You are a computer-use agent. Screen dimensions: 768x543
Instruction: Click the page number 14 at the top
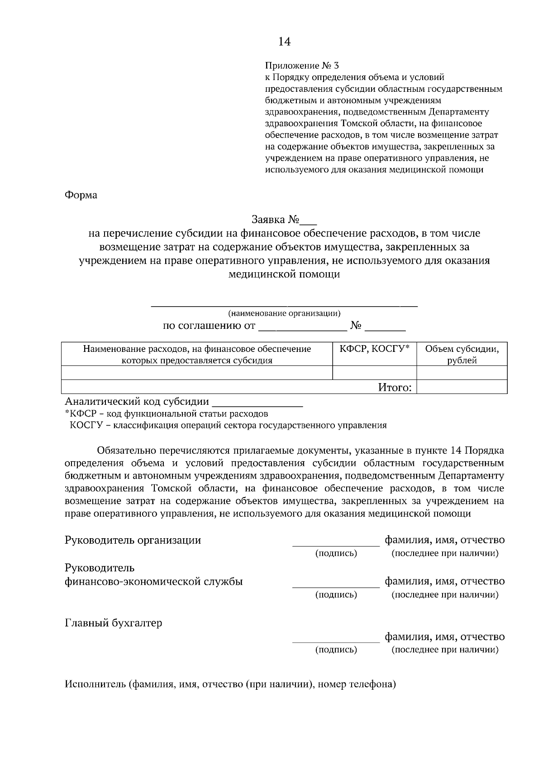(284, 42)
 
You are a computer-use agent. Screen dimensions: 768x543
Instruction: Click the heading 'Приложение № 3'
(301, 65)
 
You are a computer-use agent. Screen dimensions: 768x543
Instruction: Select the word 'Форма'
(81, 195)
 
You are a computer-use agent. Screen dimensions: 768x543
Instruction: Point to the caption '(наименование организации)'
(284, 313)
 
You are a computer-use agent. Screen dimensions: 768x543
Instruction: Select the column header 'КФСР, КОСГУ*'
(374, 349)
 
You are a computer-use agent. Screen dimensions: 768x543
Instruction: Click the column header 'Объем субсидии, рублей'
(462, 354)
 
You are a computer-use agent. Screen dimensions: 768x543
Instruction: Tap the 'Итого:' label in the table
(395, 387)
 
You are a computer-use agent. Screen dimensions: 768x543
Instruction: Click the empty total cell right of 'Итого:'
(462, 387)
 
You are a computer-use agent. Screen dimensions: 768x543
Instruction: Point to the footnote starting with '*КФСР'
(167, 413)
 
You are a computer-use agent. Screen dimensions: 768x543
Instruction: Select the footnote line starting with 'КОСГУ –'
(228, 425)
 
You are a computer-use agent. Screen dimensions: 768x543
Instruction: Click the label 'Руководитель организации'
(133, 540)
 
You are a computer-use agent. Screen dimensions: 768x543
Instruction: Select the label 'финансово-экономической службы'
(154, 582)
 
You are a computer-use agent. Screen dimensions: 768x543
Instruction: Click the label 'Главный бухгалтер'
(114, 623)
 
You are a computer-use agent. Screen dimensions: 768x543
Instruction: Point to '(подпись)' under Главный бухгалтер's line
(336, 649)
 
